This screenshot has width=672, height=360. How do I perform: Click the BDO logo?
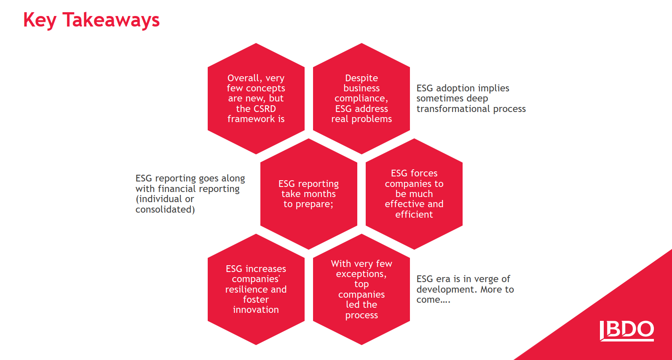(x=626, y=331)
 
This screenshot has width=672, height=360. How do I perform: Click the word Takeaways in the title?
(x=111, y=20)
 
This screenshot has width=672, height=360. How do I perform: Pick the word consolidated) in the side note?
(x=165, y=209)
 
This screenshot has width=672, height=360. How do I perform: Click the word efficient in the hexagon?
(x=414, y=214)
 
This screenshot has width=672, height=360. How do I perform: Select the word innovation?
(x=256, y=309)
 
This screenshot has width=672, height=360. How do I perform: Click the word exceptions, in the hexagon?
(x=361, y=274)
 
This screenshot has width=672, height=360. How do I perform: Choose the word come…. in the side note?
(x=434, y=300)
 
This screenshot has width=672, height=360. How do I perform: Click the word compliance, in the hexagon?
(x=361, y=99)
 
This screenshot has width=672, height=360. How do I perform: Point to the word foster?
(x=256, y=299)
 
